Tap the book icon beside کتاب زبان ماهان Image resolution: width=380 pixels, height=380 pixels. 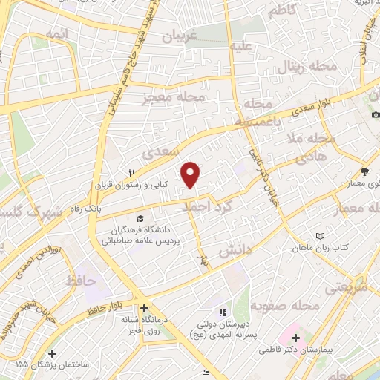coord(321,236)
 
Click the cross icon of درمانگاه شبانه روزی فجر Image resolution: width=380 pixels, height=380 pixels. coord(144,307)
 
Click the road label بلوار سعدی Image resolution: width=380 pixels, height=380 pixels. coord(301,111)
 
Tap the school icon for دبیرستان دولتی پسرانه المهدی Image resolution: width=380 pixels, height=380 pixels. coord(223,312)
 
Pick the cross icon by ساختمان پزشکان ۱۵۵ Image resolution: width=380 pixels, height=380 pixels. coord(51,353)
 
